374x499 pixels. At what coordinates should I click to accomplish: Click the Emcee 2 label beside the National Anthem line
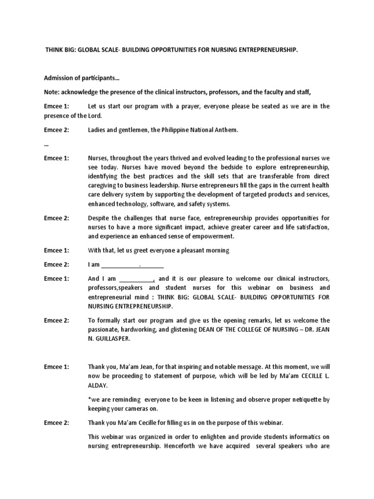coord(56,130)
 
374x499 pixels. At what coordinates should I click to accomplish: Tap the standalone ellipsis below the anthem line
coord(46,144)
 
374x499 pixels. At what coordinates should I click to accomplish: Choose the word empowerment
coord(213,236)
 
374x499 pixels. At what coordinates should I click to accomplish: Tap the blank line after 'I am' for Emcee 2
coord(132,265)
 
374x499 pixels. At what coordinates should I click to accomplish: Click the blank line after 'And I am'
coord(136,279)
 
